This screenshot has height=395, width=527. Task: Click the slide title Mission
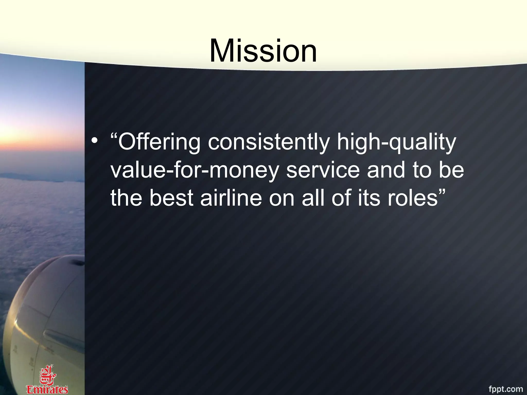[263, 50]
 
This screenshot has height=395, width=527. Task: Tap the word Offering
[159, 142]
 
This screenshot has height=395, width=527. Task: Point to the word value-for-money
[195, 170]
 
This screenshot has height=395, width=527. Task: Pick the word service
[323, 170]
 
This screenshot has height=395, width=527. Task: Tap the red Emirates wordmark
[47, 389]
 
